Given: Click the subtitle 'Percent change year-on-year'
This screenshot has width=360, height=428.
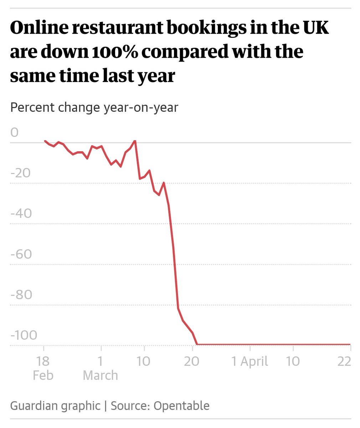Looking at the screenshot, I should (94, 107).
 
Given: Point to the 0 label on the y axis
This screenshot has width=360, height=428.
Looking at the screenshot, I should (14, 132).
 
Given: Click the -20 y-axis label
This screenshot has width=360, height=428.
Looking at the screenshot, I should (21, 173).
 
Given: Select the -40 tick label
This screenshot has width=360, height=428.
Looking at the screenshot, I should (21, 214).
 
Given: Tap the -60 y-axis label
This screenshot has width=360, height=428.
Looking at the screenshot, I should (21, 254).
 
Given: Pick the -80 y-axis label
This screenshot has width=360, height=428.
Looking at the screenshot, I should (21, 295).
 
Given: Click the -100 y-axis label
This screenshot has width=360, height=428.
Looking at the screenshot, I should (24, 335).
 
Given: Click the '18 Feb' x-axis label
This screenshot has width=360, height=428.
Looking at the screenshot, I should (43, 368).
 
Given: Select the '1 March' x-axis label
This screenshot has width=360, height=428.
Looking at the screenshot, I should (101, 368).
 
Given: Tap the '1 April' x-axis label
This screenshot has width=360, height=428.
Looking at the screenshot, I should (250, 362).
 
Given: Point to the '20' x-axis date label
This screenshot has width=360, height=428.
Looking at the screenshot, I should (192, 362).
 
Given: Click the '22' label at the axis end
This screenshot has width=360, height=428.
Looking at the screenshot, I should (344, 362).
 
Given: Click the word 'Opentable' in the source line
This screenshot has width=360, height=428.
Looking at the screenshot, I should (181, 406).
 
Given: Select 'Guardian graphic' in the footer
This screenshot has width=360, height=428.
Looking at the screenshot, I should (55, 406).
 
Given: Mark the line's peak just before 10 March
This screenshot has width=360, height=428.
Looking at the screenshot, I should (135, 141).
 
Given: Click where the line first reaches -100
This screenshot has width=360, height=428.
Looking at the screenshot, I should (197, 345).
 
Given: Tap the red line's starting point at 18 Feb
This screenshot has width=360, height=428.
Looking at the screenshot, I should (45, 141).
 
